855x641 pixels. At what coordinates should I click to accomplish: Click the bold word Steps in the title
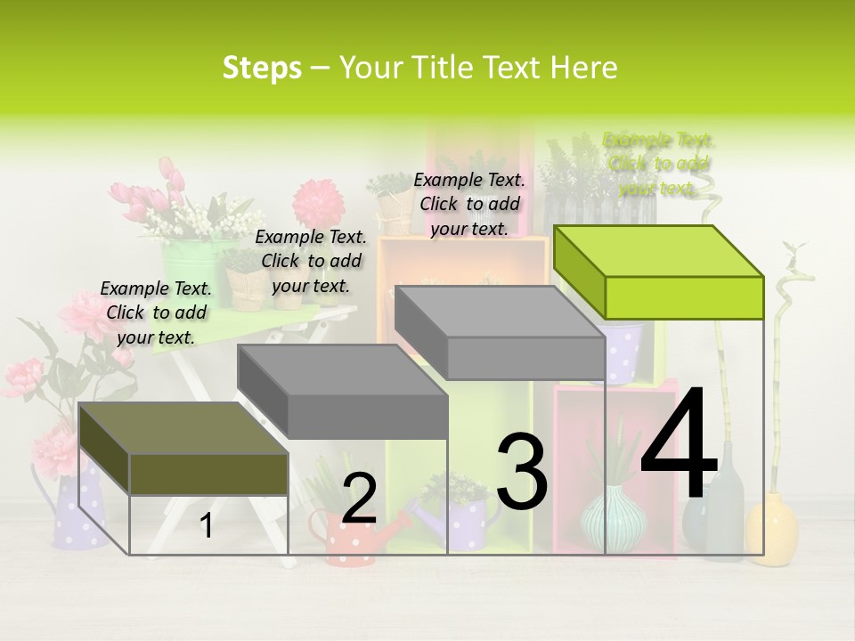click(x=262, y=68)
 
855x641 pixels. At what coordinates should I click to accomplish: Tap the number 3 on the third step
click(x=522, y=472)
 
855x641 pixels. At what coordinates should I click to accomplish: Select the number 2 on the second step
click(x=359, y=499)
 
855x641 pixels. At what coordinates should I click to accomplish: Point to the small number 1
click(x=207, y=526)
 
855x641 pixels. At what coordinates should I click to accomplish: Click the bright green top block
click(x=659, y=272)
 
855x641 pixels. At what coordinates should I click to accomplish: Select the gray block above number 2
click(x=343, y=391)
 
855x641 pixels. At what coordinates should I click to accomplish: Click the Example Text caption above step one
click(x=156, y=312)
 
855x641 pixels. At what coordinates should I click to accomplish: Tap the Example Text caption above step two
click(x=311, y=261)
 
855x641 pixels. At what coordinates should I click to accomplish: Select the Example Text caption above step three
click(x=469, y=204)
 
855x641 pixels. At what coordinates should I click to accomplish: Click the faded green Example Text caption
click(x=658, y=164)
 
